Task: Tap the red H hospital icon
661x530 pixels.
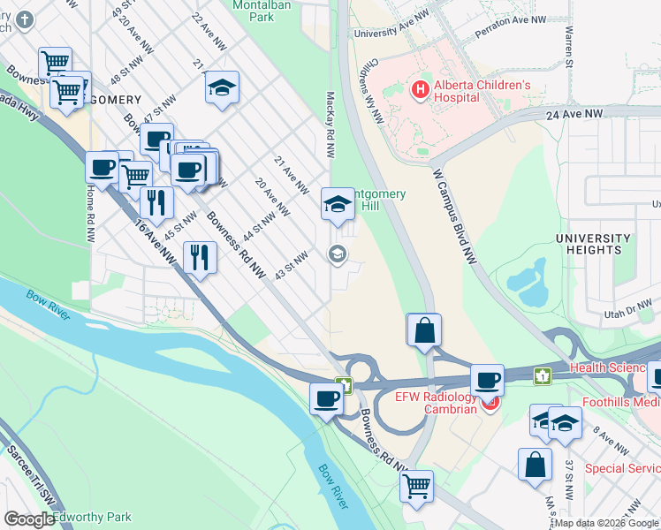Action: (420, 89)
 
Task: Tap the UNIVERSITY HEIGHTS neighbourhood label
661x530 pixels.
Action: (593, 245)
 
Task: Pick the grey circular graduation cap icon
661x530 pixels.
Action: (337, 254)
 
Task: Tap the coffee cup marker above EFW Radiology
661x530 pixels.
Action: (486, 381)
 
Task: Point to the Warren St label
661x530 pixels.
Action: (567, 48)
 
